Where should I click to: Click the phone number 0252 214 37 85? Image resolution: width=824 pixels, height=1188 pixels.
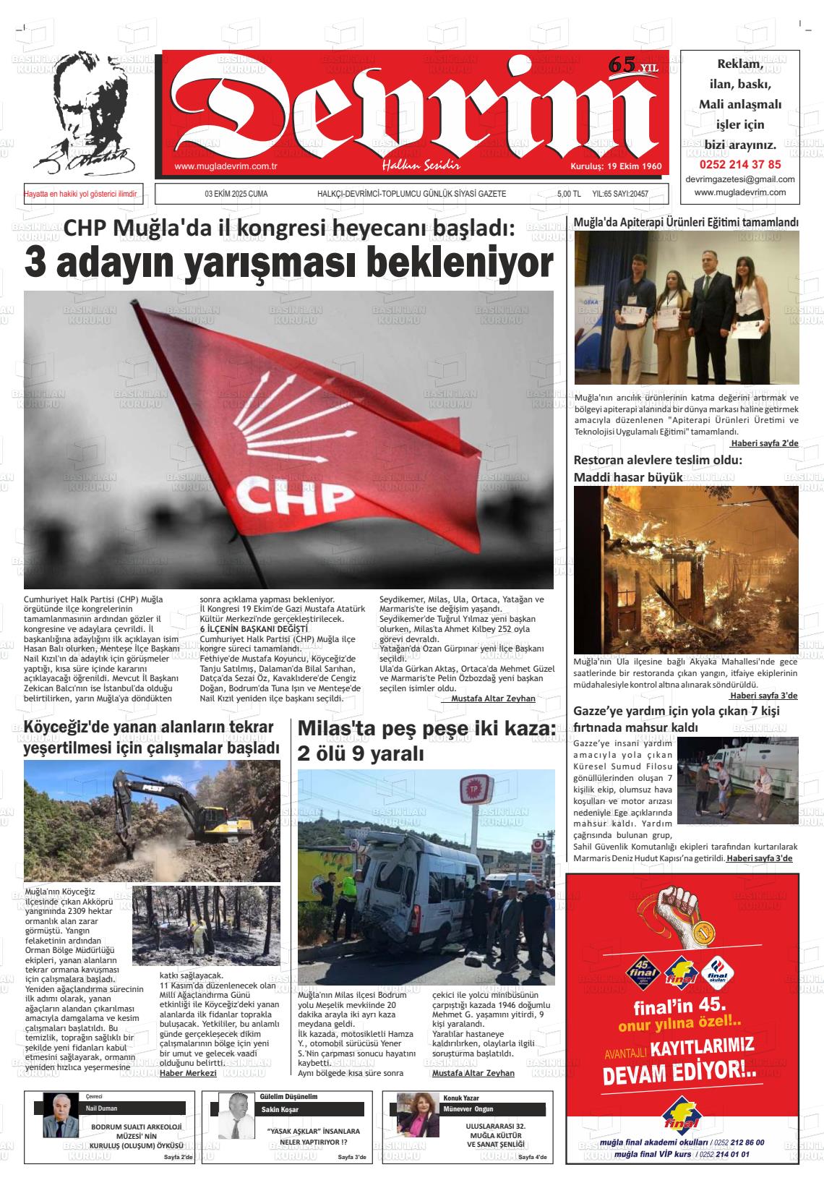pos(739,164)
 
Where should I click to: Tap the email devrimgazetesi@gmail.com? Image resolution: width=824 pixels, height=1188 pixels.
pos(739,179)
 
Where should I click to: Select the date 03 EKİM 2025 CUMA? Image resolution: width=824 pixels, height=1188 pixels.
pos(236,195)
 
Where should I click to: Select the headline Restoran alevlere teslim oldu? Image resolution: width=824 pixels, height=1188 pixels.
pos(658,461)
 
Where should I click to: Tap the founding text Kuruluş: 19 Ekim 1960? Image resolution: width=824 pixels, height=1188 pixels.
pos(616,166)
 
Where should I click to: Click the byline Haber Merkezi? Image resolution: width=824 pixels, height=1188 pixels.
pos(188,1073)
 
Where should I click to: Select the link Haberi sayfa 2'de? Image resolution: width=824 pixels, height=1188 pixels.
pos(764,443)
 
